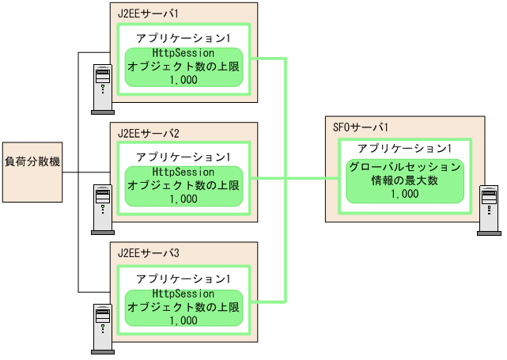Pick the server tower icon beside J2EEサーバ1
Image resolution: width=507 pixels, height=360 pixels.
point(102,86)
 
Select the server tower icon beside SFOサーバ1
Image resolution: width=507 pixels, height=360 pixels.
point(488,210)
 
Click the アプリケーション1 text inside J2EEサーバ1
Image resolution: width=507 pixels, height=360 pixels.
point(184,38)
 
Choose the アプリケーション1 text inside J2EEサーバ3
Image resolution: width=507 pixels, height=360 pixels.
point(184,279)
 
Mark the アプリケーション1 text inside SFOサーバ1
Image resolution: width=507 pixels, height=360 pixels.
point(404,149)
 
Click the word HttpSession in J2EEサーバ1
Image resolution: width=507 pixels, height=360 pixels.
point(184,54)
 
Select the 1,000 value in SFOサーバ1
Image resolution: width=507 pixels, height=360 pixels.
point(404,193)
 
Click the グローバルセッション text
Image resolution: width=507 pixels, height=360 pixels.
point(404,167)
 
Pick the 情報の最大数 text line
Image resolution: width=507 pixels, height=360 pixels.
point(404,180)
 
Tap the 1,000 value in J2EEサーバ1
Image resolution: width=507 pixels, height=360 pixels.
point(184,80)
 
